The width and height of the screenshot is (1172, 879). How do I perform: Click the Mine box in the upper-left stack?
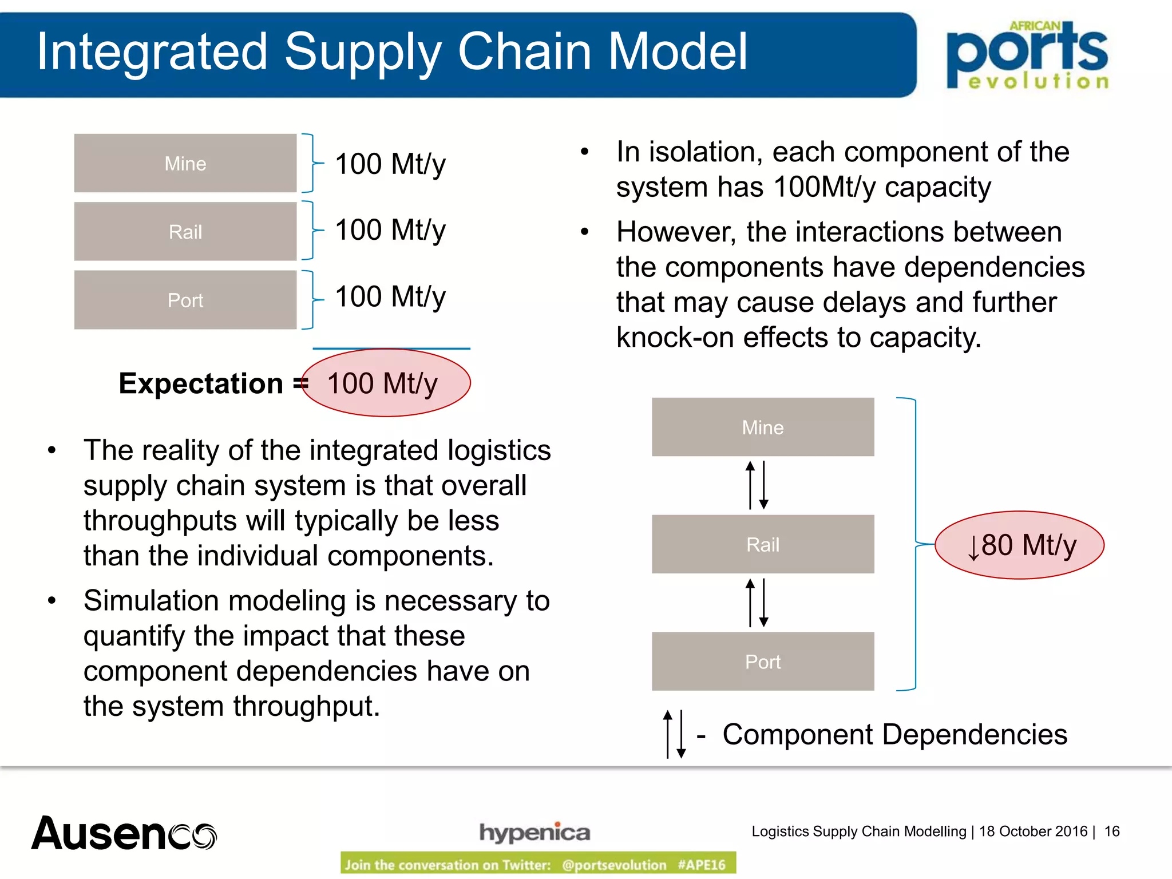point(185,164)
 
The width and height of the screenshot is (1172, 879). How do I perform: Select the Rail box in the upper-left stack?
point(185,232)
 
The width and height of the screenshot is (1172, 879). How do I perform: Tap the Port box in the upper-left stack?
point(185,300)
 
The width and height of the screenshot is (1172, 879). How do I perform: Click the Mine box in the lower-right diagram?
point(763,427)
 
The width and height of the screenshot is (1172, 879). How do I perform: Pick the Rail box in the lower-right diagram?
point(763,544)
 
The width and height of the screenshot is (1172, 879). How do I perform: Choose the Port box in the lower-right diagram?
point(763,662)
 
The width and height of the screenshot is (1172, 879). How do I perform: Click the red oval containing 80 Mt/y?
point(1019,545)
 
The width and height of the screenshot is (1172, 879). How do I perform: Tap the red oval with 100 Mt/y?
point(385,383)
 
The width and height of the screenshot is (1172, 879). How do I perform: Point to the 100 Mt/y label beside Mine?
point(390,164)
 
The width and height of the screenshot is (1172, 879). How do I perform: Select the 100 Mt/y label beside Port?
point(390,297)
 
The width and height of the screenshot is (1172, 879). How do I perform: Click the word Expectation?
point(201,383)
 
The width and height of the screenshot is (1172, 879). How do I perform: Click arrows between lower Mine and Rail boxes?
point(757,485)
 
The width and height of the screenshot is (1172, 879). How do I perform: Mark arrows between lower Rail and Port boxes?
point(757,603)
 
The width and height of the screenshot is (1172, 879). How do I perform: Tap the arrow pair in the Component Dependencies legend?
point(675,734)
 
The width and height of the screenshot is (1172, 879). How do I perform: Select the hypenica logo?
point(534,832)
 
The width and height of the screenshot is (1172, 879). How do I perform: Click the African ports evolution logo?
point(1028,55)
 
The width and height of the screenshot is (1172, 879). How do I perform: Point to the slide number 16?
point(1111,831)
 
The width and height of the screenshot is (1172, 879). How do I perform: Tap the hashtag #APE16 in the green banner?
point(702,864)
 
